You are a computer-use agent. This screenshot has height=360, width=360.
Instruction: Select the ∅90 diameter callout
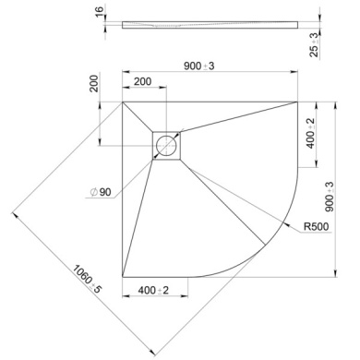(100, 191)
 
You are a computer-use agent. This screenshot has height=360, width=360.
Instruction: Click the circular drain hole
(167, 145)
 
